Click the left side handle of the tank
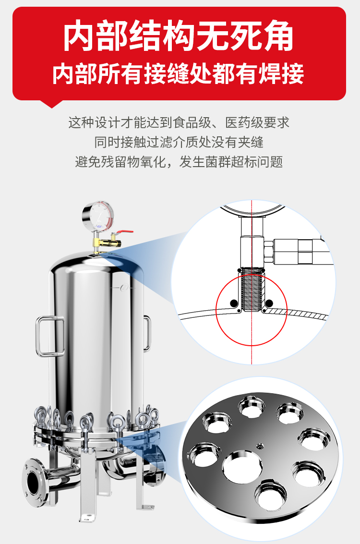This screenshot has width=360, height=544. (50, 336)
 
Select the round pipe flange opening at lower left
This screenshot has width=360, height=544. (34, 481)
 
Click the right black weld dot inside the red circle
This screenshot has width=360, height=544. (269, 303)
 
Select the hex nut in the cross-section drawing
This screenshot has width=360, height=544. (268, 251)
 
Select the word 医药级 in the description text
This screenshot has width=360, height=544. (244, 122)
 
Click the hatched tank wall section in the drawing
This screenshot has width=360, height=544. (295, 313)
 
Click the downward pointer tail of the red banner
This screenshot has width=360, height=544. (51, 104)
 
